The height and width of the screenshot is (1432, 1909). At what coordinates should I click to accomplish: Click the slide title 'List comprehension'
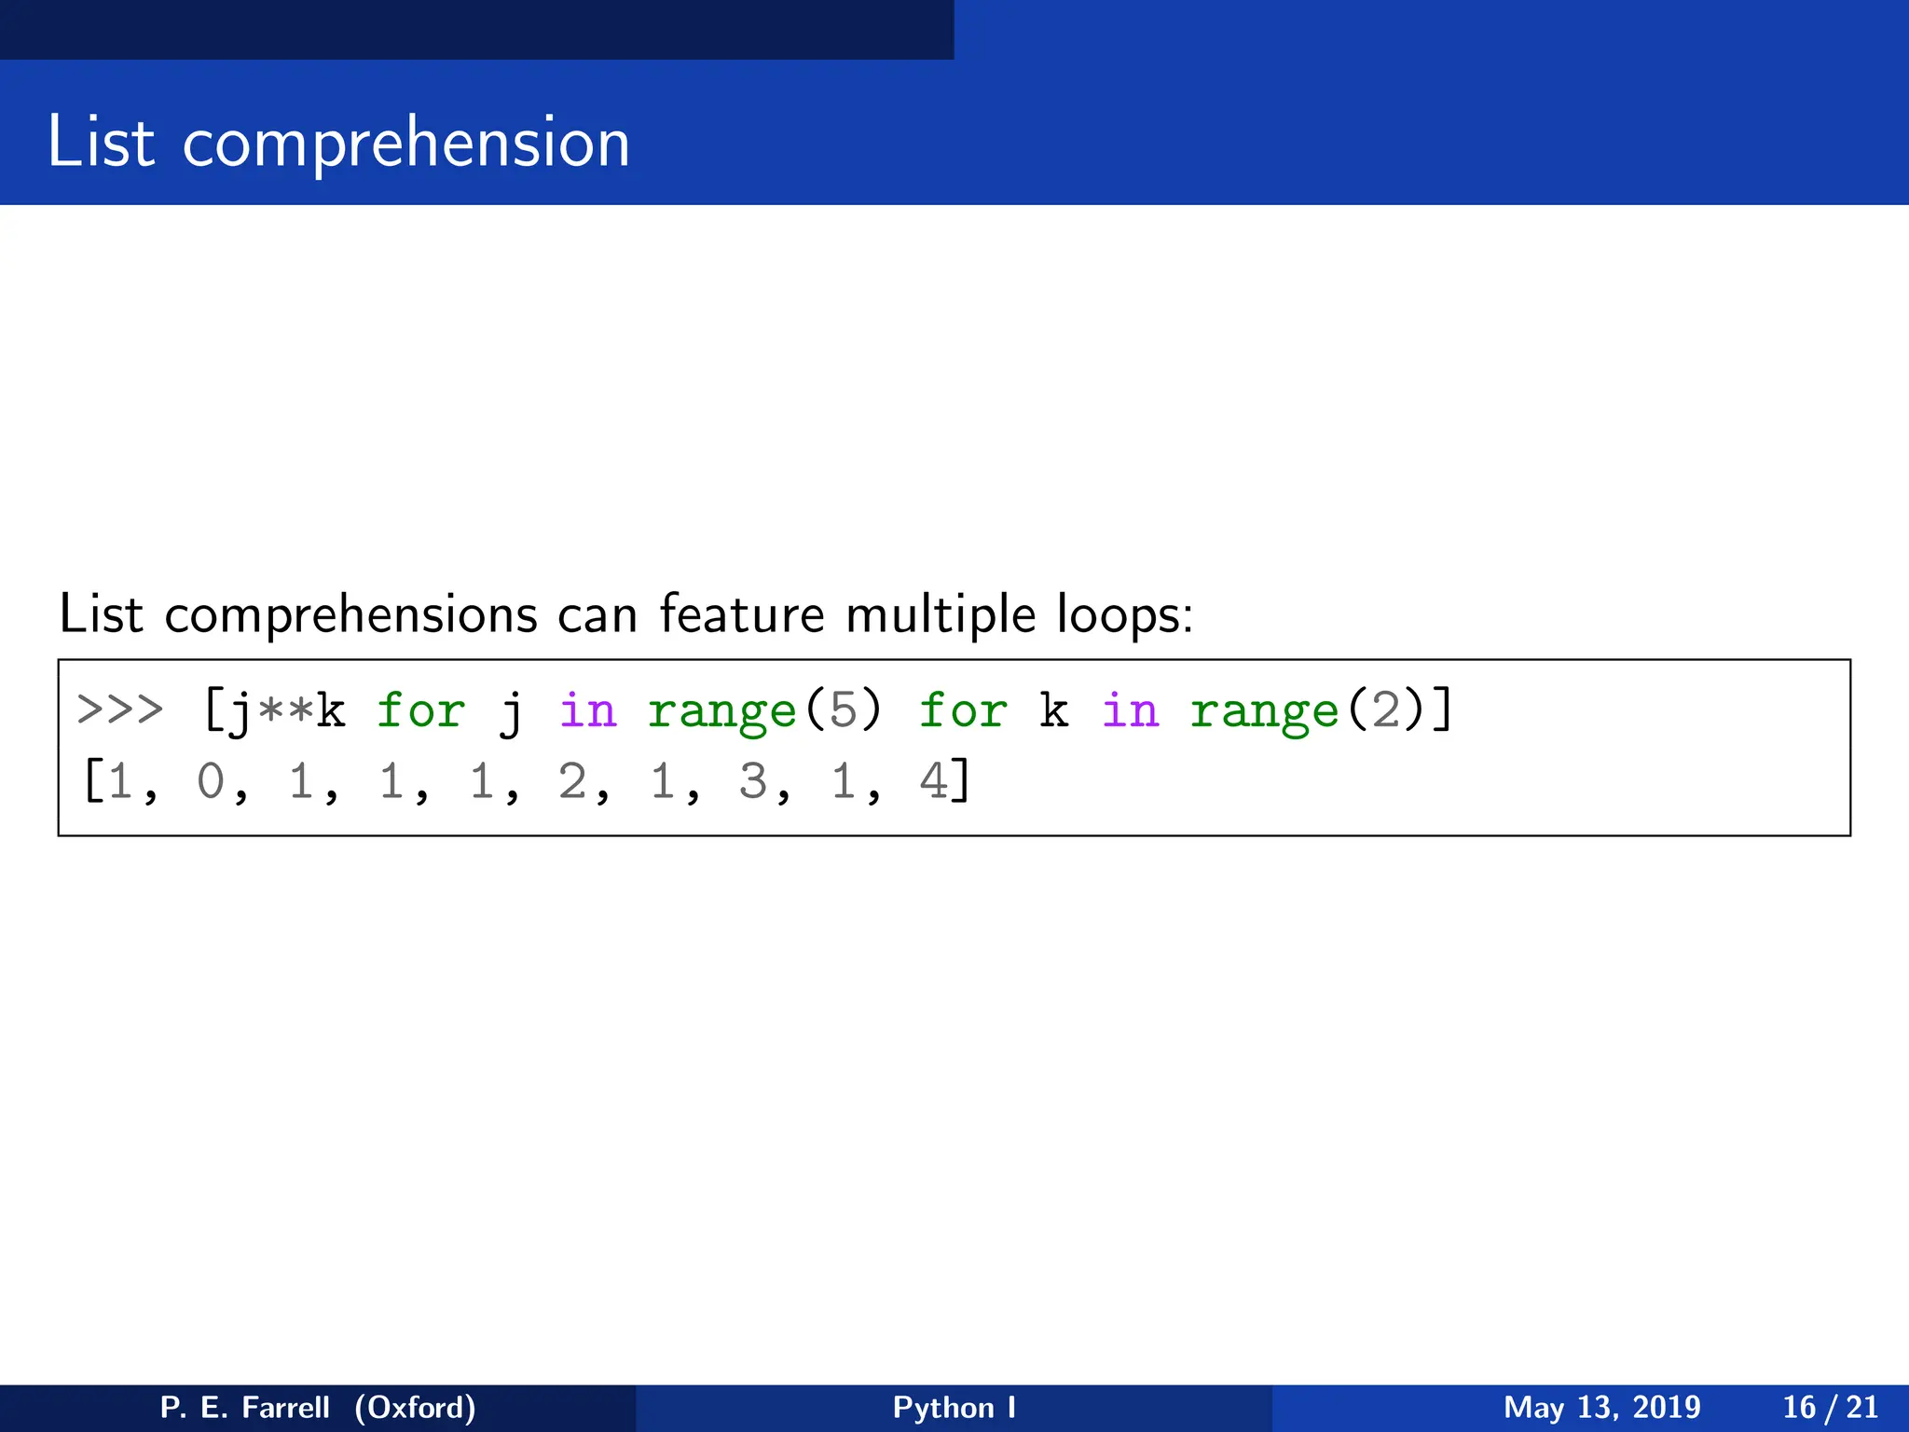(x=338, y=143)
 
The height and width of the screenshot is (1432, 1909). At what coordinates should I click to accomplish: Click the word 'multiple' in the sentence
(x=941, y=615)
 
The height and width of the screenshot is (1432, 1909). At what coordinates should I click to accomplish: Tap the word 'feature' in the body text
(x=742, y=615)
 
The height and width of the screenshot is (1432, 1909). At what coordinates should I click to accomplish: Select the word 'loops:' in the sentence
(x=1124, y=615)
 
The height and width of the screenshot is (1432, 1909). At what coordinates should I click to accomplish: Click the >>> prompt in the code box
(x=120, y=710)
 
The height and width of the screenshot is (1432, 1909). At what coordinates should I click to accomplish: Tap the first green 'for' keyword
(x=420, y=710)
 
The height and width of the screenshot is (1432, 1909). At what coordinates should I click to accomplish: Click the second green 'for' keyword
(x=963, y=710)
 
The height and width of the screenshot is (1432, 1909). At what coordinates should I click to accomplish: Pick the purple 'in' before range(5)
(x=587, y=710)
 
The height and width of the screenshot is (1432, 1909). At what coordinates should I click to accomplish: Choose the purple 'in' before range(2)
(x=1130, y=710)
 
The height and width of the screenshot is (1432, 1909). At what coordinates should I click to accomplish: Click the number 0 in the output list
(x=211, y=781)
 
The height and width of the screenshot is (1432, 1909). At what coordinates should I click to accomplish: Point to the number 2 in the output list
(x=571, y=781)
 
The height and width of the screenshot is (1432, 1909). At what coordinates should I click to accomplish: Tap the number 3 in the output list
(x=752, y=781)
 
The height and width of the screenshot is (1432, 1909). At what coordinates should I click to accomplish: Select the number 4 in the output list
(x=933, y=781)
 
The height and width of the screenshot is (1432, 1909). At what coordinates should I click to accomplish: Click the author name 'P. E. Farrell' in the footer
(x=245, y=1407)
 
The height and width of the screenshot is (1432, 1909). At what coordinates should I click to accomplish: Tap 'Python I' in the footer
(x=954, y=1407)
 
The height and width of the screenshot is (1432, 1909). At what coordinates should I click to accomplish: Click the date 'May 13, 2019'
(x=1601, y=1407)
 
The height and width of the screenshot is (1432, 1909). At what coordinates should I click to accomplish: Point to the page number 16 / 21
(x=1830, y=1407)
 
